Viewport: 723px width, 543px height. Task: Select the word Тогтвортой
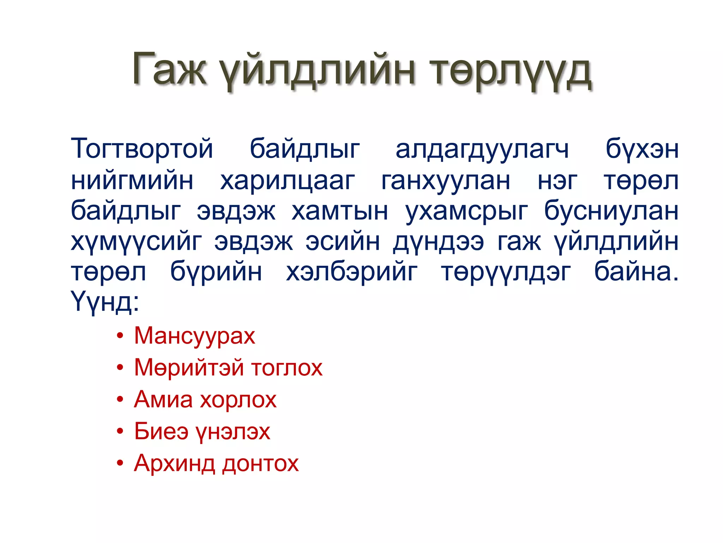point(142,148)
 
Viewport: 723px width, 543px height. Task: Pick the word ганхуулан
point(446,181)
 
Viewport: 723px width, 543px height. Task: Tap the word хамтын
point(340,211)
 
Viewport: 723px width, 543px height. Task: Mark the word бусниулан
point(611,211)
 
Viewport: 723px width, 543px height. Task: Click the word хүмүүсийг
point(136,243)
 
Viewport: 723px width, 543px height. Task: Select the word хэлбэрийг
point(352,273)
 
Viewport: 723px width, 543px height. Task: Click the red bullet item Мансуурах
point(194,335)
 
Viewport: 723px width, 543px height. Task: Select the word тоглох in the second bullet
point(287,368)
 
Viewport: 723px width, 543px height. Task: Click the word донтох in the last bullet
point(261,463)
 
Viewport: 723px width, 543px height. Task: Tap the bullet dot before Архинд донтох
point(120,463)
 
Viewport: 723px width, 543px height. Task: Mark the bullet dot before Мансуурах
point(120,335)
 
